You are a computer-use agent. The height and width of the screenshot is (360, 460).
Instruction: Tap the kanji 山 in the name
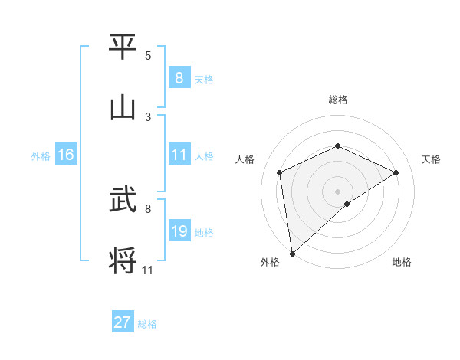(123, 109)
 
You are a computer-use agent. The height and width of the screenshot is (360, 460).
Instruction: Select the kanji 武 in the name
(123, 201)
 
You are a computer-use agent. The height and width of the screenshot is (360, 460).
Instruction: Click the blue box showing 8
(179, 77)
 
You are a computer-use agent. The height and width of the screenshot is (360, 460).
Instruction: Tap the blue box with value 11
(179, 155)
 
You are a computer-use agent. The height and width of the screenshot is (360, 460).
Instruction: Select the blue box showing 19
(179, 231)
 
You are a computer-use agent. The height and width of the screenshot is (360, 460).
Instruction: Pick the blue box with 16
(66, 155)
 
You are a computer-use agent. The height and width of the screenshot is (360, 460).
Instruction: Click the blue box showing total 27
(122, 322)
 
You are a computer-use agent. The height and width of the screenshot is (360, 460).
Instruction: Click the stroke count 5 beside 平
(148, 56)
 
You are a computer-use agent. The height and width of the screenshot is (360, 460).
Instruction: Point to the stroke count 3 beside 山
(148, 117)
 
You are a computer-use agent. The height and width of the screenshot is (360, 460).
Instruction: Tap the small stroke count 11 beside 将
(148, 270)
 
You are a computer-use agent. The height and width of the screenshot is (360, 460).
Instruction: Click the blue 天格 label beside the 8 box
(204, 79)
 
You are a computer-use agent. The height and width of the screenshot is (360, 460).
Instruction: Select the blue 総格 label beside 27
(147, 324)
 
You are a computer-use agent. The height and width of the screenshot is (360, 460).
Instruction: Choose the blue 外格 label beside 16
(41, 156)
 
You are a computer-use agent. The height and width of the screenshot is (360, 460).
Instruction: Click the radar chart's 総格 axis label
(337, 100)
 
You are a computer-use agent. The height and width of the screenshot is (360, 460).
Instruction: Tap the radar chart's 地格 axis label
(402, 262)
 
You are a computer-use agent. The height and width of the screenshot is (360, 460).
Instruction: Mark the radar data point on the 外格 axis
(292, 253)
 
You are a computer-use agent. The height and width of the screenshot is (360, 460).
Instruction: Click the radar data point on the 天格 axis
(396, 172)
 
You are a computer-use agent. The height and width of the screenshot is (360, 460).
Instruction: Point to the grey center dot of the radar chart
(337, 191)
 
